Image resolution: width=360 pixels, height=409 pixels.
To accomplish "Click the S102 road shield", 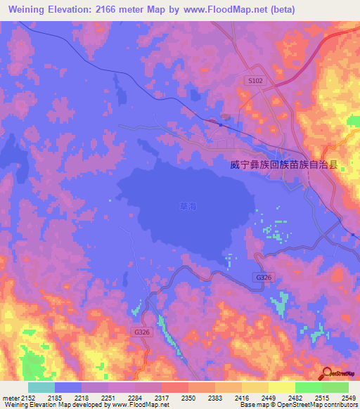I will point(255,81).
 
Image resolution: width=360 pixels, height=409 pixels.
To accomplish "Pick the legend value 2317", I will point(162,398).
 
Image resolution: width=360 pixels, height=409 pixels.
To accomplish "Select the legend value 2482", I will point(295,398).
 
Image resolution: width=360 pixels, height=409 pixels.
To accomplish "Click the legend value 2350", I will point(188,398).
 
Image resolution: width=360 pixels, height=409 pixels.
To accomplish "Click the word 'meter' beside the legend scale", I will point(10,398).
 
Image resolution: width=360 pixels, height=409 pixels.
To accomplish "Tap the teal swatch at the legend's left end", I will point(41,387).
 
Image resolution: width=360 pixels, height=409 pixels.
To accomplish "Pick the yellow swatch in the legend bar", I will point(281,387).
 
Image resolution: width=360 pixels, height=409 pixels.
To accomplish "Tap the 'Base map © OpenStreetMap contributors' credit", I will point(299,405).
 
